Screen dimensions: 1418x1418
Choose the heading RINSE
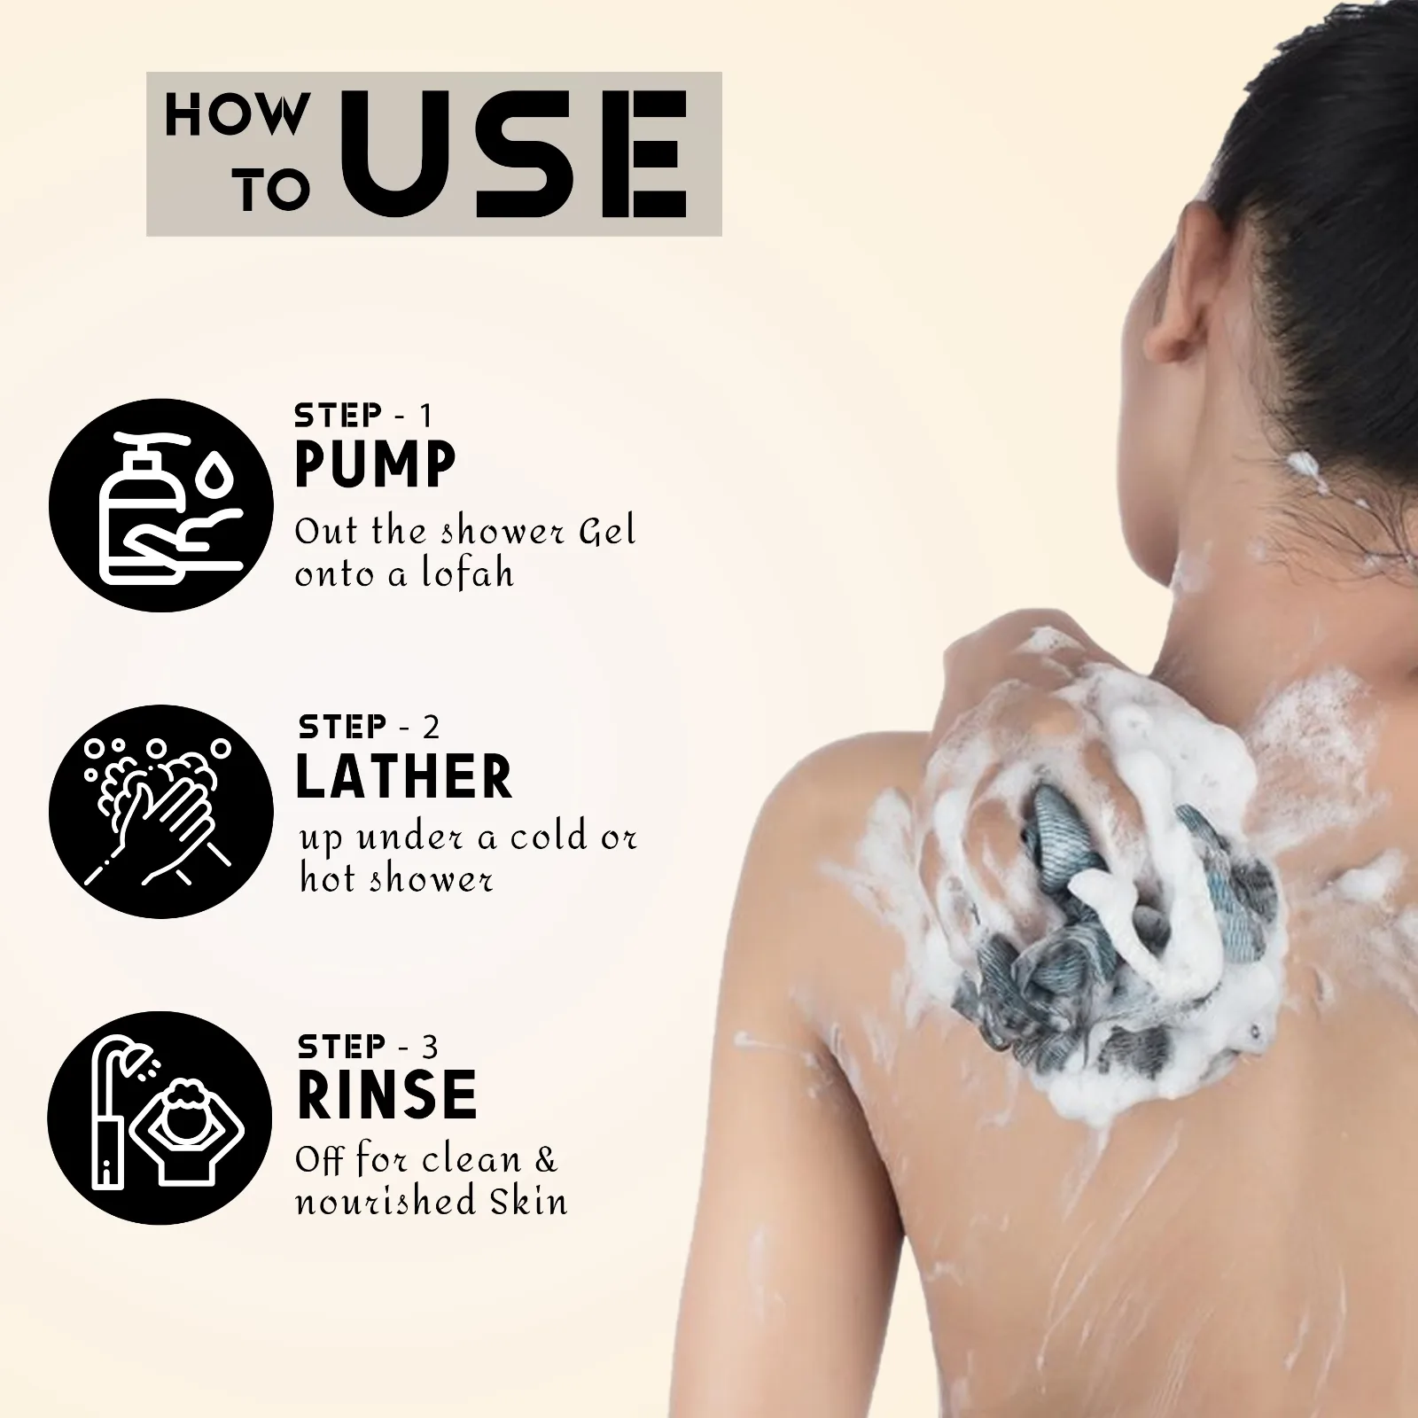[387, 1095]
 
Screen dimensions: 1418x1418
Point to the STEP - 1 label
[363, 415]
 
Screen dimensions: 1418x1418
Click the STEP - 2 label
[369, 727]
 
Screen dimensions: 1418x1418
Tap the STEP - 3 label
[368, 1047]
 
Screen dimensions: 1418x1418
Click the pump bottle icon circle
[160, 504]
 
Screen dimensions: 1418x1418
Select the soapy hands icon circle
[160, 811]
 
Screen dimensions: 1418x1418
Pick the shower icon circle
[160, 1118]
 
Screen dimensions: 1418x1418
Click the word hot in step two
[329, 879]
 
